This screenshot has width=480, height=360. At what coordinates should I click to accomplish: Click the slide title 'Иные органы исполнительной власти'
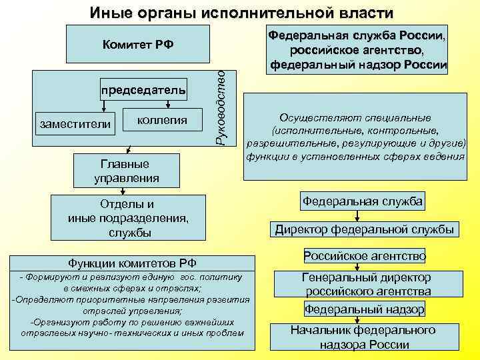tap(241, 13)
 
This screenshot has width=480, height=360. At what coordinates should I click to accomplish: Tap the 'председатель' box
tap(143, 89)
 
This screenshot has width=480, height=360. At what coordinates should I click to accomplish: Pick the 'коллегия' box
tap(161, 120)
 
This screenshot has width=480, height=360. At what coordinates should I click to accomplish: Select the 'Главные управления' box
tap(126, 171)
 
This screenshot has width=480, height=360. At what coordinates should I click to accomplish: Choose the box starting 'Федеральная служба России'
tap(357, 49)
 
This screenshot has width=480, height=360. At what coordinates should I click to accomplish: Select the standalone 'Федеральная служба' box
tap(363, 201)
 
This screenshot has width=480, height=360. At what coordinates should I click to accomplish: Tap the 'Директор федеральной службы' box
tap(364, 229)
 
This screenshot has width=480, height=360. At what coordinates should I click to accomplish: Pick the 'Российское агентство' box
tap(364, 256)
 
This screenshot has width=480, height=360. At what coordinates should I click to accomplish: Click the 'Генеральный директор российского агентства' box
tap(367, 285)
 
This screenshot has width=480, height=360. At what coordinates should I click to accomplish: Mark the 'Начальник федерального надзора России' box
tap(363, 337)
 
